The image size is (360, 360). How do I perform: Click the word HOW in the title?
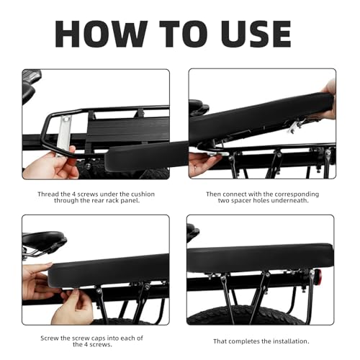[x=101, y=34]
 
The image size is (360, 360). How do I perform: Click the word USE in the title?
[x=256, y=34]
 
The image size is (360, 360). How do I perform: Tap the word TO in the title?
[x=184, y=34]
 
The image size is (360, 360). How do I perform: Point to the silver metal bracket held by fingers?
[x=64, y=135]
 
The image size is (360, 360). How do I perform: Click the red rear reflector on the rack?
[x=318, y=275]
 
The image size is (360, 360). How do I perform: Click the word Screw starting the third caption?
[x=50, y=338]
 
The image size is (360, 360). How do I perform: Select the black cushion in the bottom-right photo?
[x=261, y=257]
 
